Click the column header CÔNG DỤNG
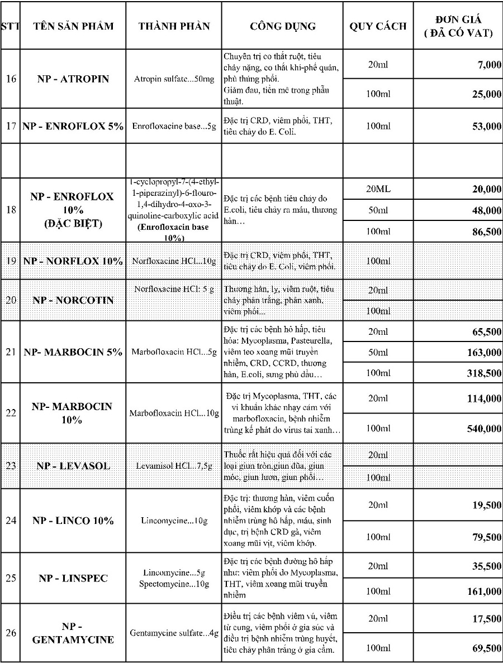[282, 26]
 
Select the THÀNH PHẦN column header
[174, 26]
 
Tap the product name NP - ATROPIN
[73, 79]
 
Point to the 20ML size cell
[377, 190]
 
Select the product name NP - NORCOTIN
[73, 300]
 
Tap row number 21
[11, 352]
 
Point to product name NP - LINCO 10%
[73, 521]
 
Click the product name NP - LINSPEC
[73, 578]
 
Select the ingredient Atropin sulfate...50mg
[174, 79]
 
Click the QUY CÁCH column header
[378, 26]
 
